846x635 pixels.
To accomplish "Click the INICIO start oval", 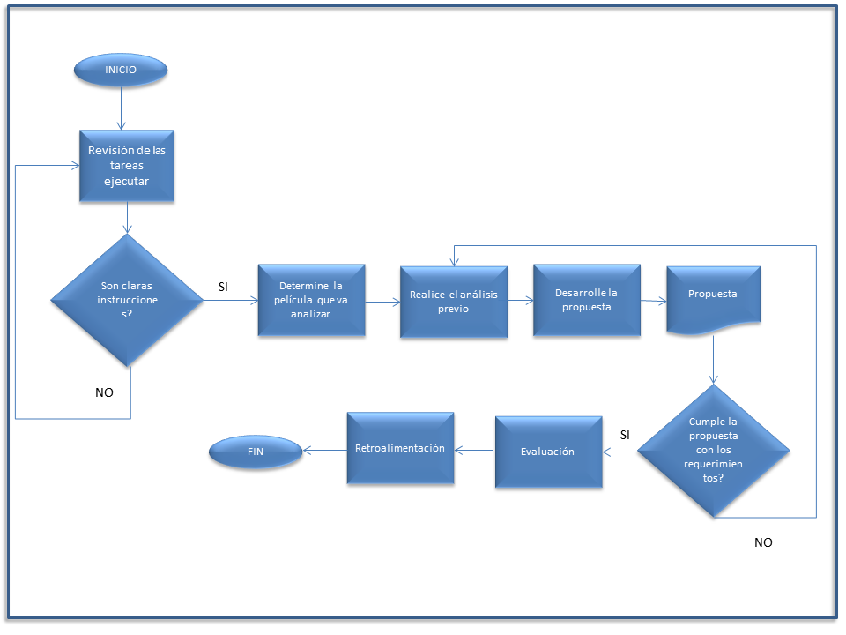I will coord(121,70).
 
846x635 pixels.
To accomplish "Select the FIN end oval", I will coord(256,453).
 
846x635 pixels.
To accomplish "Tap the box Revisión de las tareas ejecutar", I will coord(126,166).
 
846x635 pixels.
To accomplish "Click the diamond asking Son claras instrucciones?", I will coord(129,300).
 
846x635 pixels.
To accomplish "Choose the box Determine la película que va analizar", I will coord(310,300).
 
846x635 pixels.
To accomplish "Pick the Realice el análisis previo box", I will coord(453,302).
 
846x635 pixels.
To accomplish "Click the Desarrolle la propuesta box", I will coord(586,300).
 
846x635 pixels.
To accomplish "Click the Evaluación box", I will coord(547,452).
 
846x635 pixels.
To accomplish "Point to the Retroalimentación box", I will coord(400,448).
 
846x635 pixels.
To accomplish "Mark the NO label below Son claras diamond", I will coord(104,392).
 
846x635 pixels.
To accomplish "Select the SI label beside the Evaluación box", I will coord(625,435).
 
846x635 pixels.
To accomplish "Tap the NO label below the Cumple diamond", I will coord(763,542).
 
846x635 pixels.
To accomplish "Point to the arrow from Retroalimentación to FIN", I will coord(324,450).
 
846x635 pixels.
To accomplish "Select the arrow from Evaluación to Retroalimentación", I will coord(474,451).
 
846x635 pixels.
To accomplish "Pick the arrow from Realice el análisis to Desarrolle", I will coord(521,301).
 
